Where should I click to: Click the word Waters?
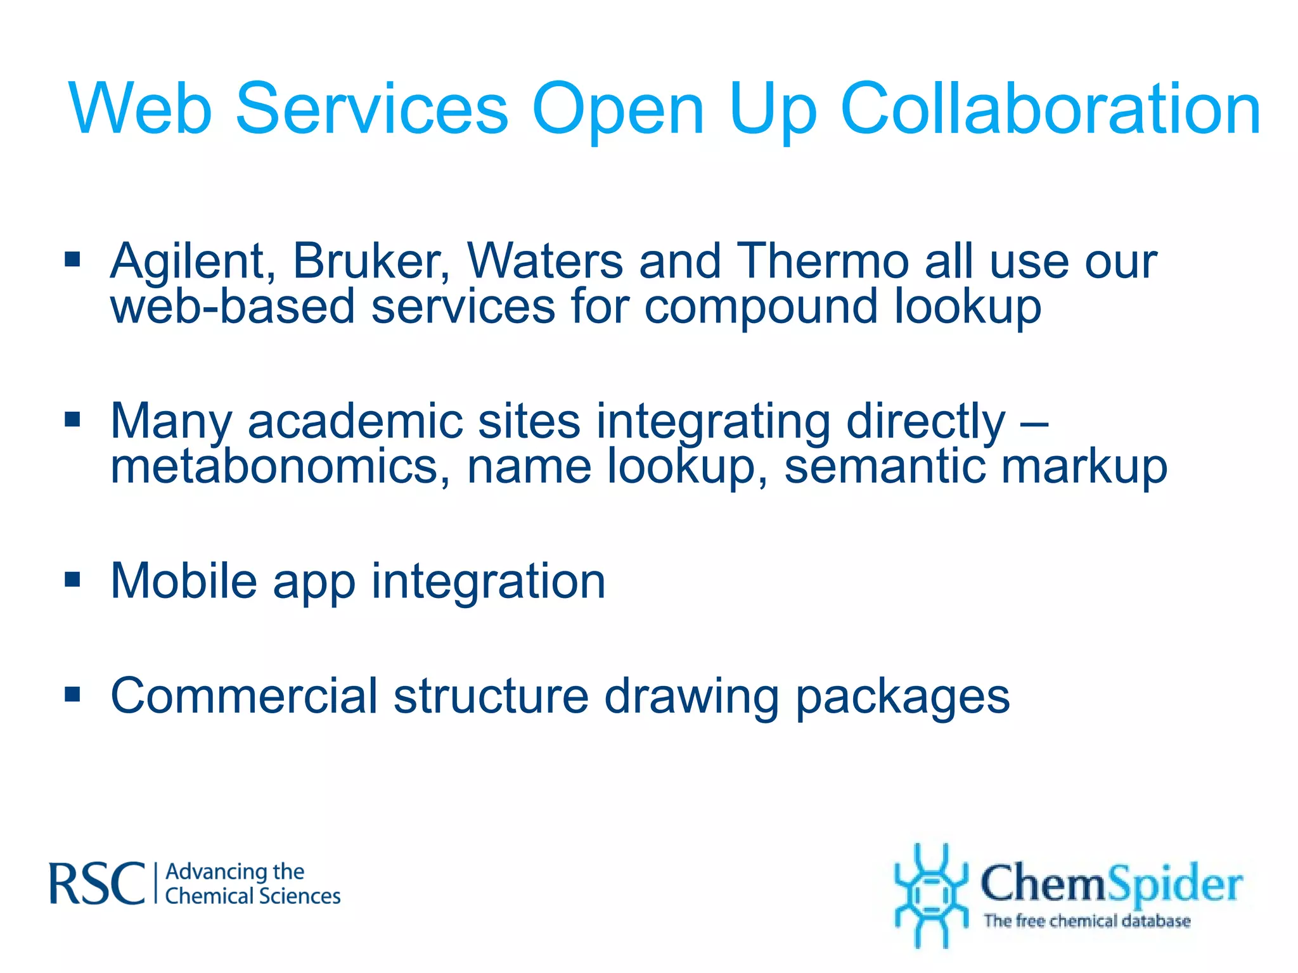545,261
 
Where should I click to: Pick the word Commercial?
244,696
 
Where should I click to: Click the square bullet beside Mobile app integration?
73,579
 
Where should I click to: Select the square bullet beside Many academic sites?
73,419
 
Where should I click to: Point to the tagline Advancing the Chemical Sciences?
252,884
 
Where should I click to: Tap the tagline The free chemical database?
1087,920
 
